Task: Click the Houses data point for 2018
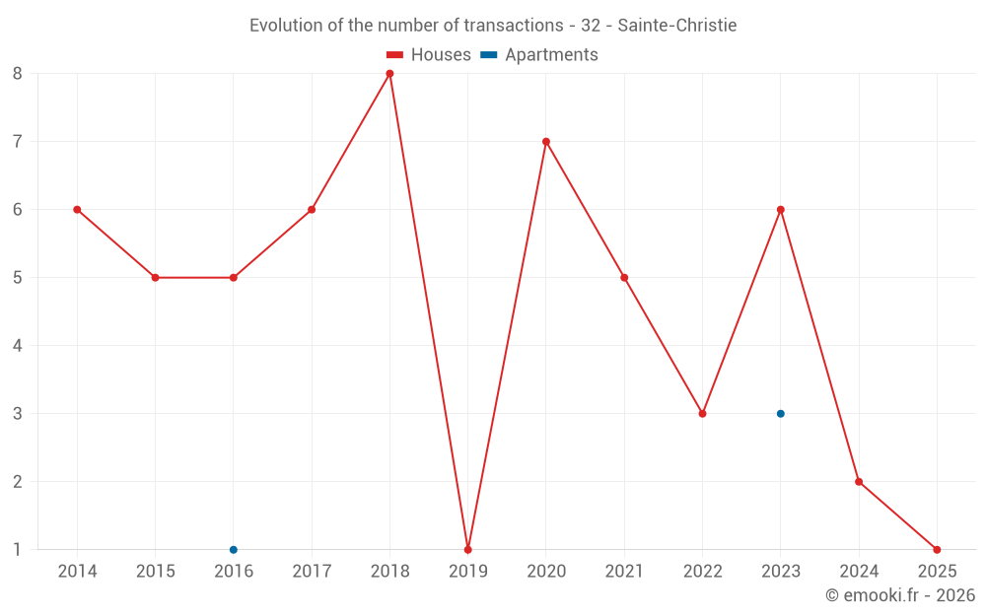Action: click(389, 74)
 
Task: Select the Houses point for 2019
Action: click(467, 550)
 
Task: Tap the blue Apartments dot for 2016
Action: click(234, 550)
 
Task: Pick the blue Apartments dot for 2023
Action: click(781, 414)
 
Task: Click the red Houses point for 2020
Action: click(546, 142)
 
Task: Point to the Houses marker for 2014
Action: click(77, 210)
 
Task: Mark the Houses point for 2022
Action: click(702, 414)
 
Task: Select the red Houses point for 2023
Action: click(781, 210)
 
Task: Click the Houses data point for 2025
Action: click(937, 550)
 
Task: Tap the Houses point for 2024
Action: click(859, 482)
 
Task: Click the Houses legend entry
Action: click(429, 55)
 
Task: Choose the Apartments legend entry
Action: click(539, 55)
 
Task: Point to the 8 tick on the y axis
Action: click(18, 74)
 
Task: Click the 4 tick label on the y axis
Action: click(18, 346)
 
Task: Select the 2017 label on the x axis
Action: click(312, 572)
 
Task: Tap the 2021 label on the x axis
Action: click(624, 572)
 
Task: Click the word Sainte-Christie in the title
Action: click(677, 26)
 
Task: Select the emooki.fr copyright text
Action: click(900, 595)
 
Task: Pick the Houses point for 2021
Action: click(624, 278)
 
